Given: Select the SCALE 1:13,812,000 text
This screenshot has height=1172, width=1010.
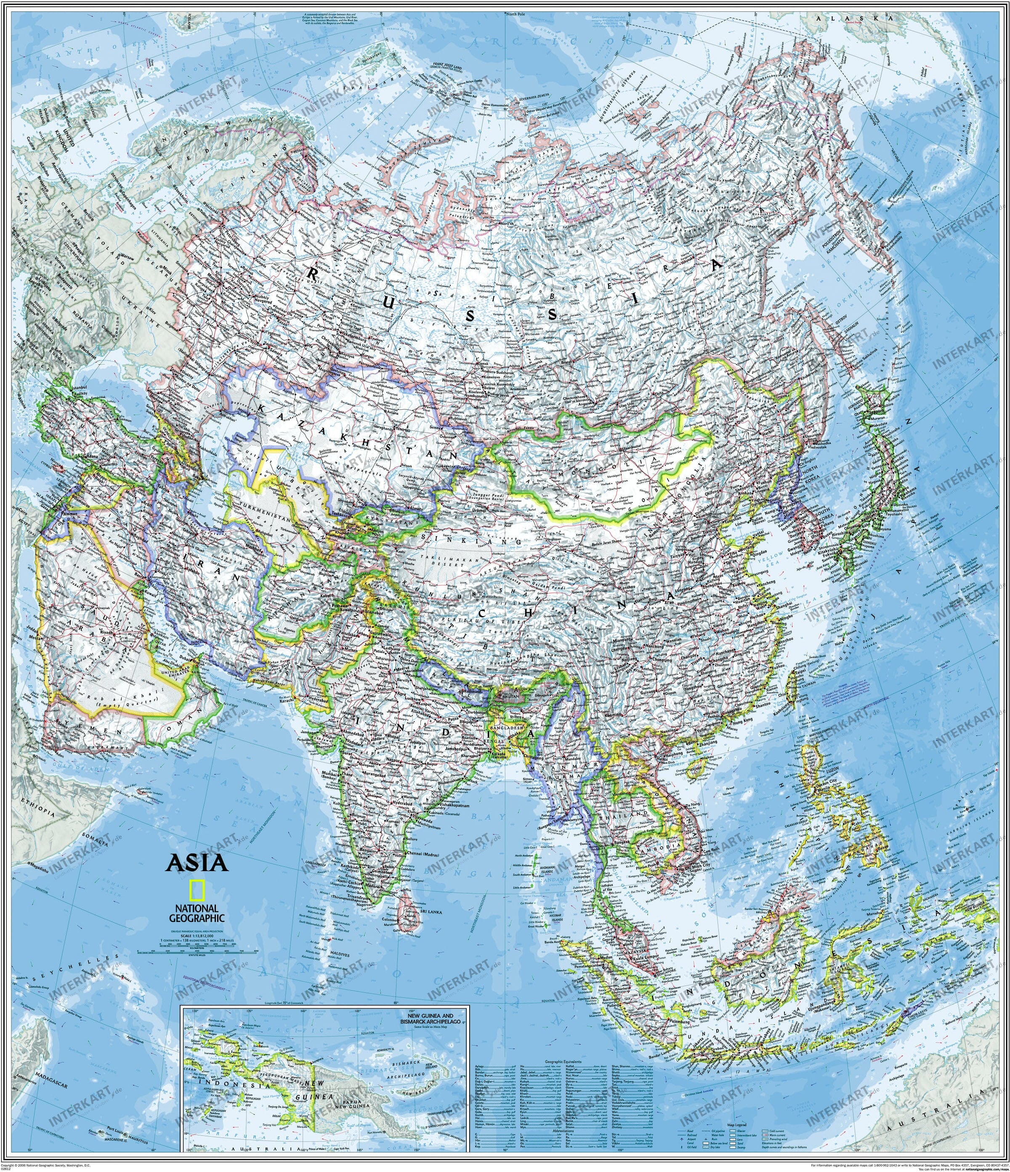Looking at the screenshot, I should pos(197,936).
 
